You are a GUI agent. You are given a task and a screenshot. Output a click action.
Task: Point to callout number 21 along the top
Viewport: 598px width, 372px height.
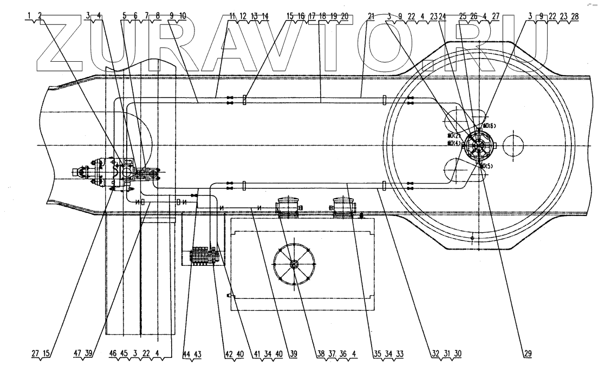tap(370, 16)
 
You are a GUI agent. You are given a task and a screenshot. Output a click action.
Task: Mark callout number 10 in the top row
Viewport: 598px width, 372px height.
tap(182, 16)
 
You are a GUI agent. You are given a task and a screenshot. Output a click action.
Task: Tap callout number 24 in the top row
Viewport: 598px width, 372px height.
tap(444, 16)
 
